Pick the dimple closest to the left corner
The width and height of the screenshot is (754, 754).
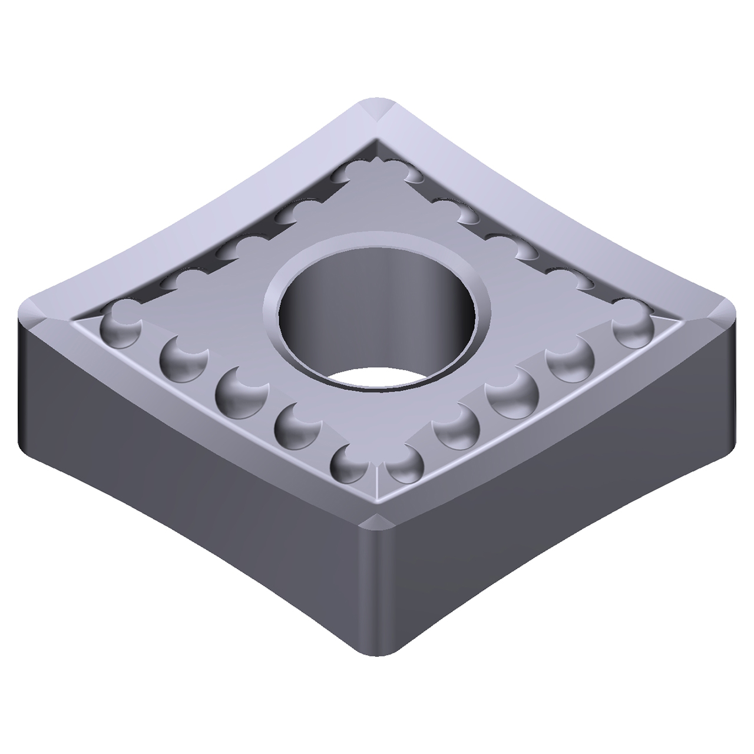(x=121, y=328)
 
